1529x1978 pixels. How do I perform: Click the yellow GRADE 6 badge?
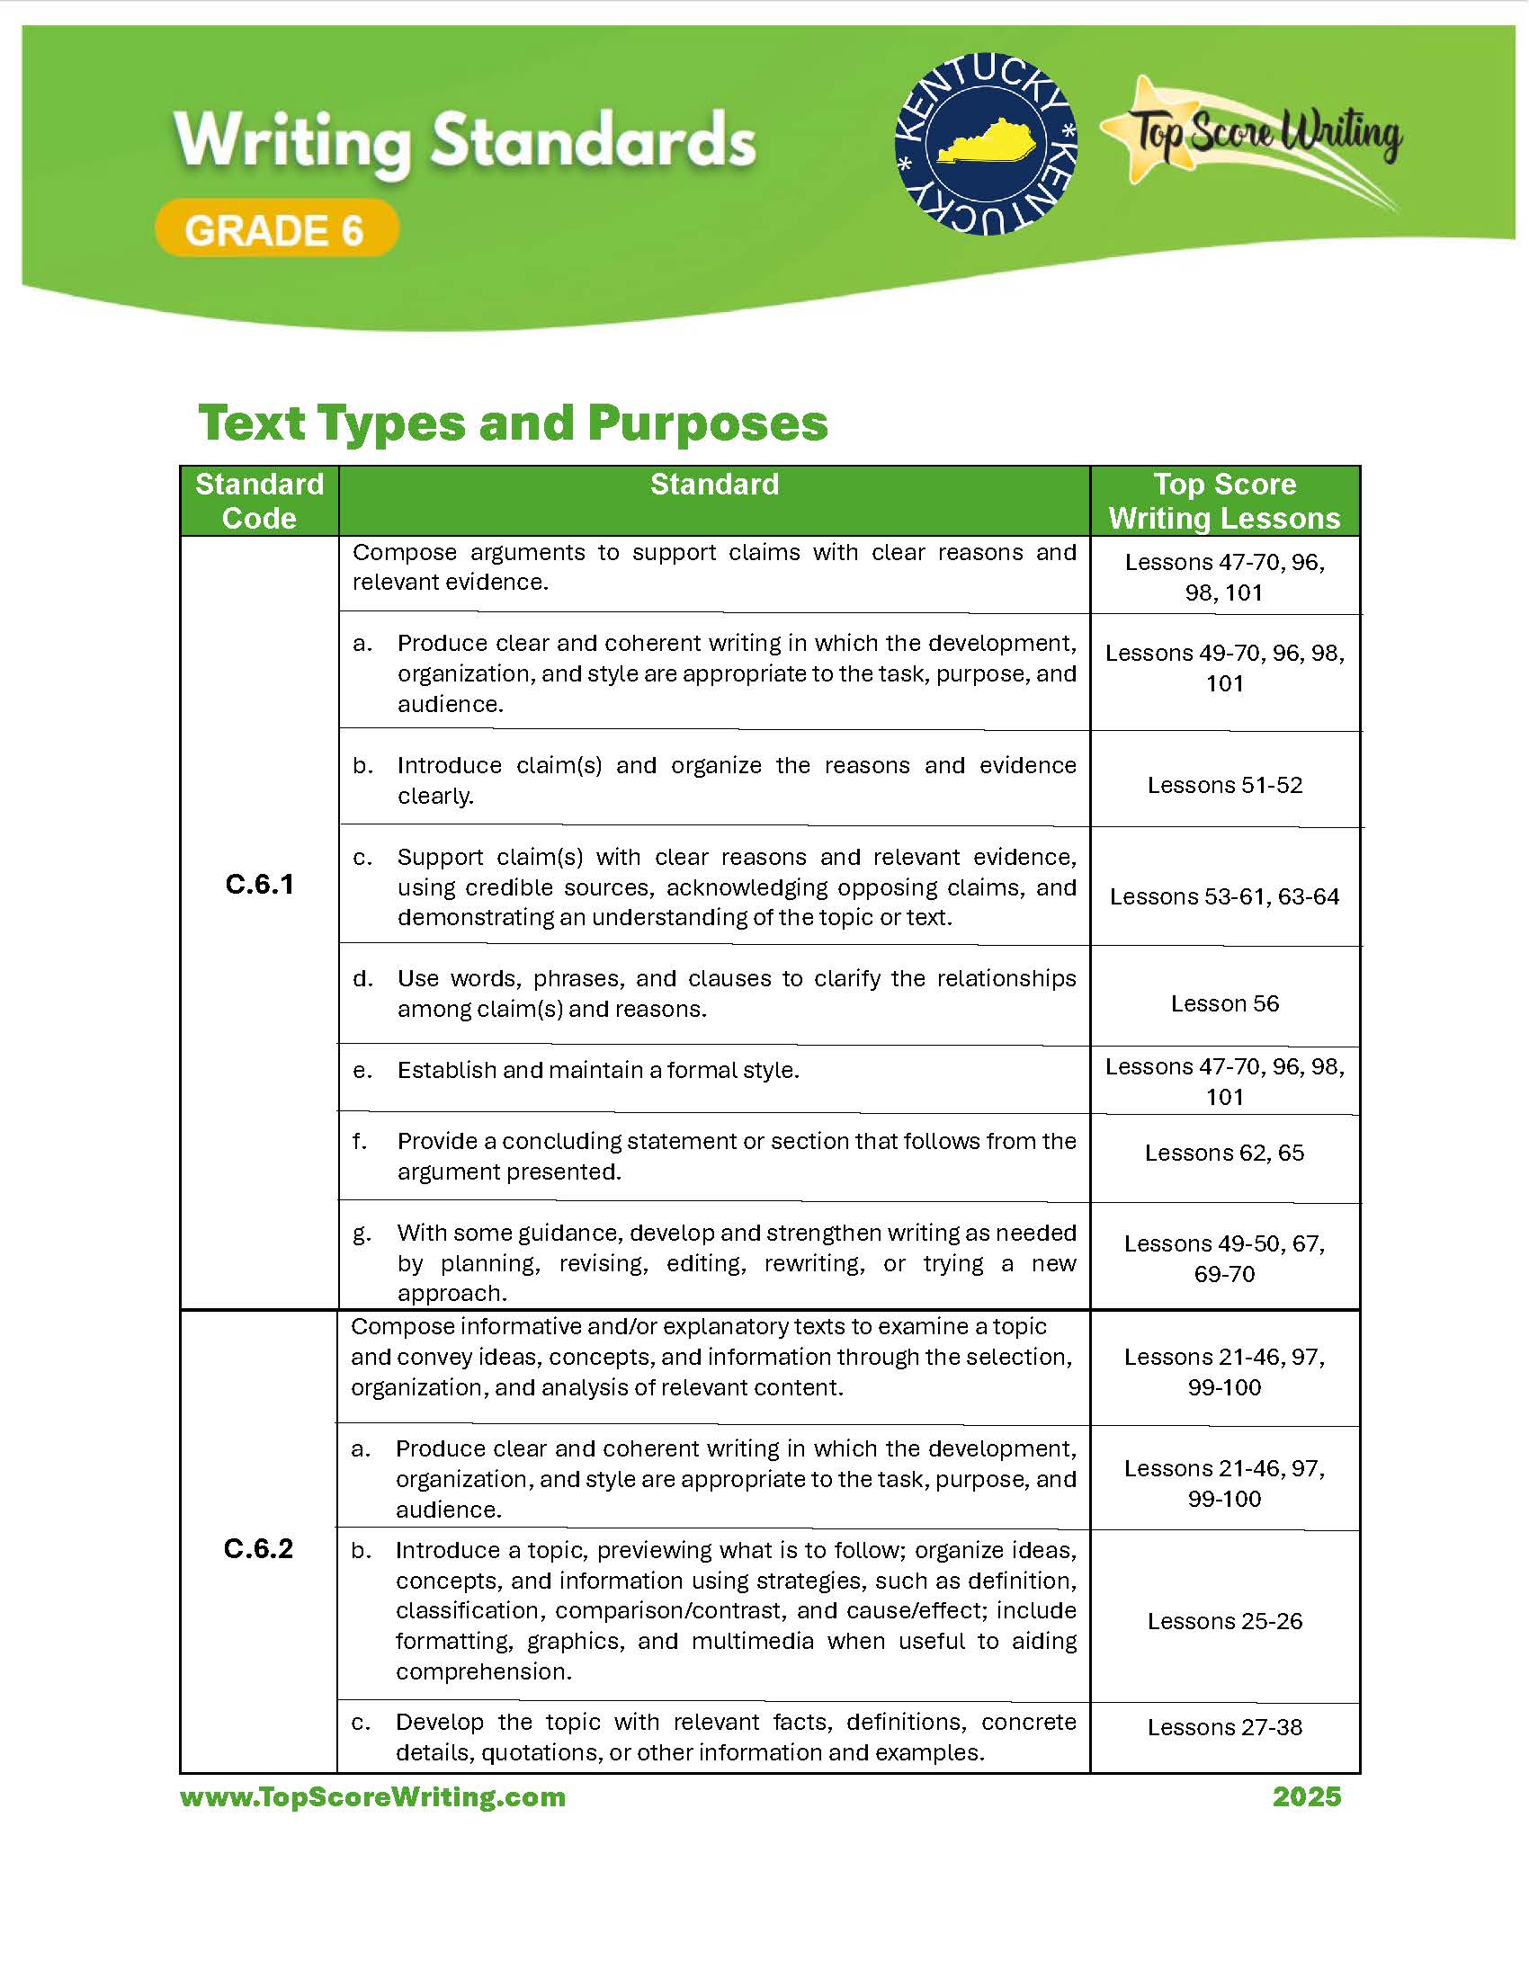276,229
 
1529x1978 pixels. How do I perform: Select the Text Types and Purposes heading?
513,423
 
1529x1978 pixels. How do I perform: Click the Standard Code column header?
259,501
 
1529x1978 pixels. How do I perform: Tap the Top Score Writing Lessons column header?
1225,501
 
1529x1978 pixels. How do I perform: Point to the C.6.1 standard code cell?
259,884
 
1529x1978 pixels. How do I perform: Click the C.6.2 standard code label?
258,1549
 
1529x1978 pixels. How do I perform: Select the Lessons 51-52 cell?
1225,784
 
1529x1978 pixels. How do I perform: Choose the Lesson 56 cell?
1225,1003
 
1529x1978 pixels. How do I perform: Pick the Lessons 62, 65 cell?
1225,1153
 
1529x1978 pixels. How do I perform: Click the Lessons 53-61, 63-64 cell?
1225,896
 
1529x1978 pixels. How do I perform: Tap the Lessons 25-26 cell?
1225,1621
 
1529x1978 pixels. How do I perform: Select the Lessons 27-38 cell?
1225,1727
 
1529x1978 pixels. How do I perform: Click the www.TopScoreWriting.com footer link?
373,1797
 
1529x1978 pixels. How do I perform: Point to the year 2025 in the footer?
1306,1797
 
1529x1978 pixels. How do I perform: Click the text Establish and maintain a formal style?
598,1071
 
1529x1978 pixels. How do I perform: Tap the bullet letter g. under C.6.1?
362,1234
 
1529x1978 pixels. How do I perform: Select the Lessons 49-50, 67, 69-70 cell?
1225,1259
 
